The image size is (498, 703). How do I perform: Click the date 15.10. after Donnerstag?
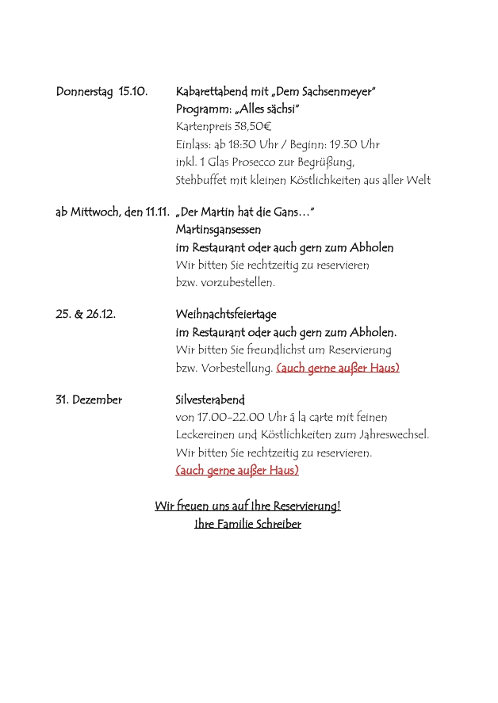pyautogui.click(x=132, y=92)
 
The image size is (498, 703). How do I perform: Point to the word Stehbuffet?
pyautogui.click(x=201, y=180)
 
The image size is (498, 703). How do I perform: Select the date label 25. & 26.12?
pyautogui.click(x=86, y=315)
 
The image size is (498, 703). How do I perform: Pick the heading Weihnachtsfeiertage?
pyautogui.click(x=226, y=315)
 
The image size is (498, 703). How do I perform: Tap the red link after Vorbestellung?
pyautogui.click(x=338, y=368)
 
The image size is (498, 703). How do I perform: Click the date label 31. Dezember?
pyautogui.click(x=89, y=400)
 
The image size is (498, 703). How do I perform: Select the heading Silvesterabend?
pyautogui.click(x=210, y=400)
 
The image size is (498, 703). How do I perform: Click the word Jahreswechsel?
pyautogui.click(x=392, y=435)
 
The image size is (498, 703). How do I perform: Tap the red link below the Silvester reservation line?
pyautogui.click(x=237, y=471)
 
